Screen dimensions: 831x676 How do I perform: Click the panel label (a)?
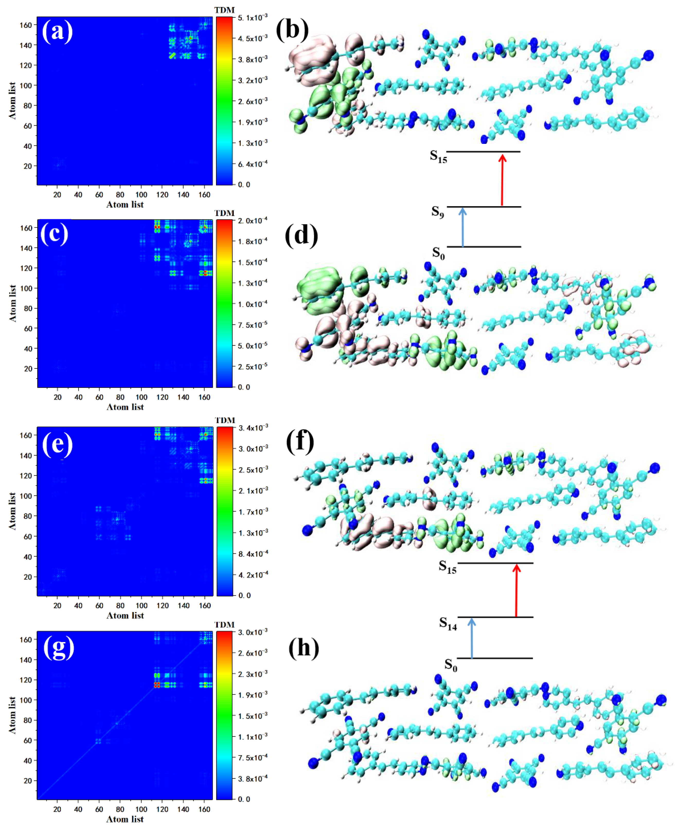point(57,31)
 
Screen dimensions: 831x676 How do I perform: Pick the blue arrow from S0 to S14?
point(472,638)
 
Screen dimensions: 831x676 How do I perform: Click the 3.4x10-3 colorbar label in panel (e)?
point(253,428)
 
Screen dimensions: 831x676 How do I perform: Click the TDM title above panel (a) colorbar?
point(225,10)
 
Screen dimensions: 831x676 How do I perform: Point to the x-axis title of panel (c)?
point(125,407)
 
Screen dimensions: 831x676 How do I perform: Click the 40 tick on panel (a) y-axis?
point(28,146)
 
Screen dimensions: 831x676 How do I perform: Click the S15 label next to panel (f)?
point(447,567)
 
